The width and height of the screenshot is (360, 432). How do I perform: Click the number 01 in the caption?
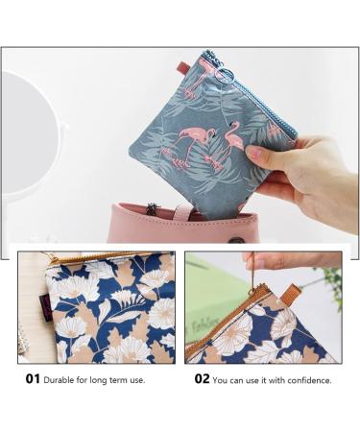coord(33,379)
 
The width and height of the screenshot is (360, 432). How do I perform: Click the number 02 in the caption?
coord(202,379)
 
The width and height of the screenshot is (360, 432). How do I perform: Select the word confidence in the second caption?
coord(309,380)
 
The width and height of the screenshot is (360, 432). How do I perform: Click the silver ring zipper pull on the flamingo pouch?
coord(221,74)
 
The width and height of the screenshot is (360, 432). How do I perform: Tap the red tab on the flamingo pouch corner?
coord(183,68)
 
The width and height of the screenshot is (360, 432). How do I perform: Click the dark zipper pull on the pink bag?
coord(150,208)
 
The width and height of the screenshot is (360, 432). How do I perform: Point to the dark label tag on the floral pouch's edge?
coord(43,304)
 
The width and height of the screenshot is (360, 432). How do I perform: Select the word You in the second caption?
coord(220,380)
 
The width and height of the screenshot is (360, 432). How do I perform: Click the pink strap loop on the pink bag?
coord(182,212)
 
